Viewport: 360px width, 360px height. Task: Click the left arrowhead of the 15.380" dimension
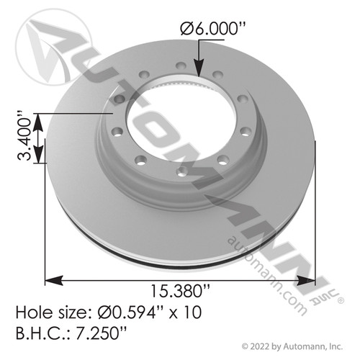tap(50, 279)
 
